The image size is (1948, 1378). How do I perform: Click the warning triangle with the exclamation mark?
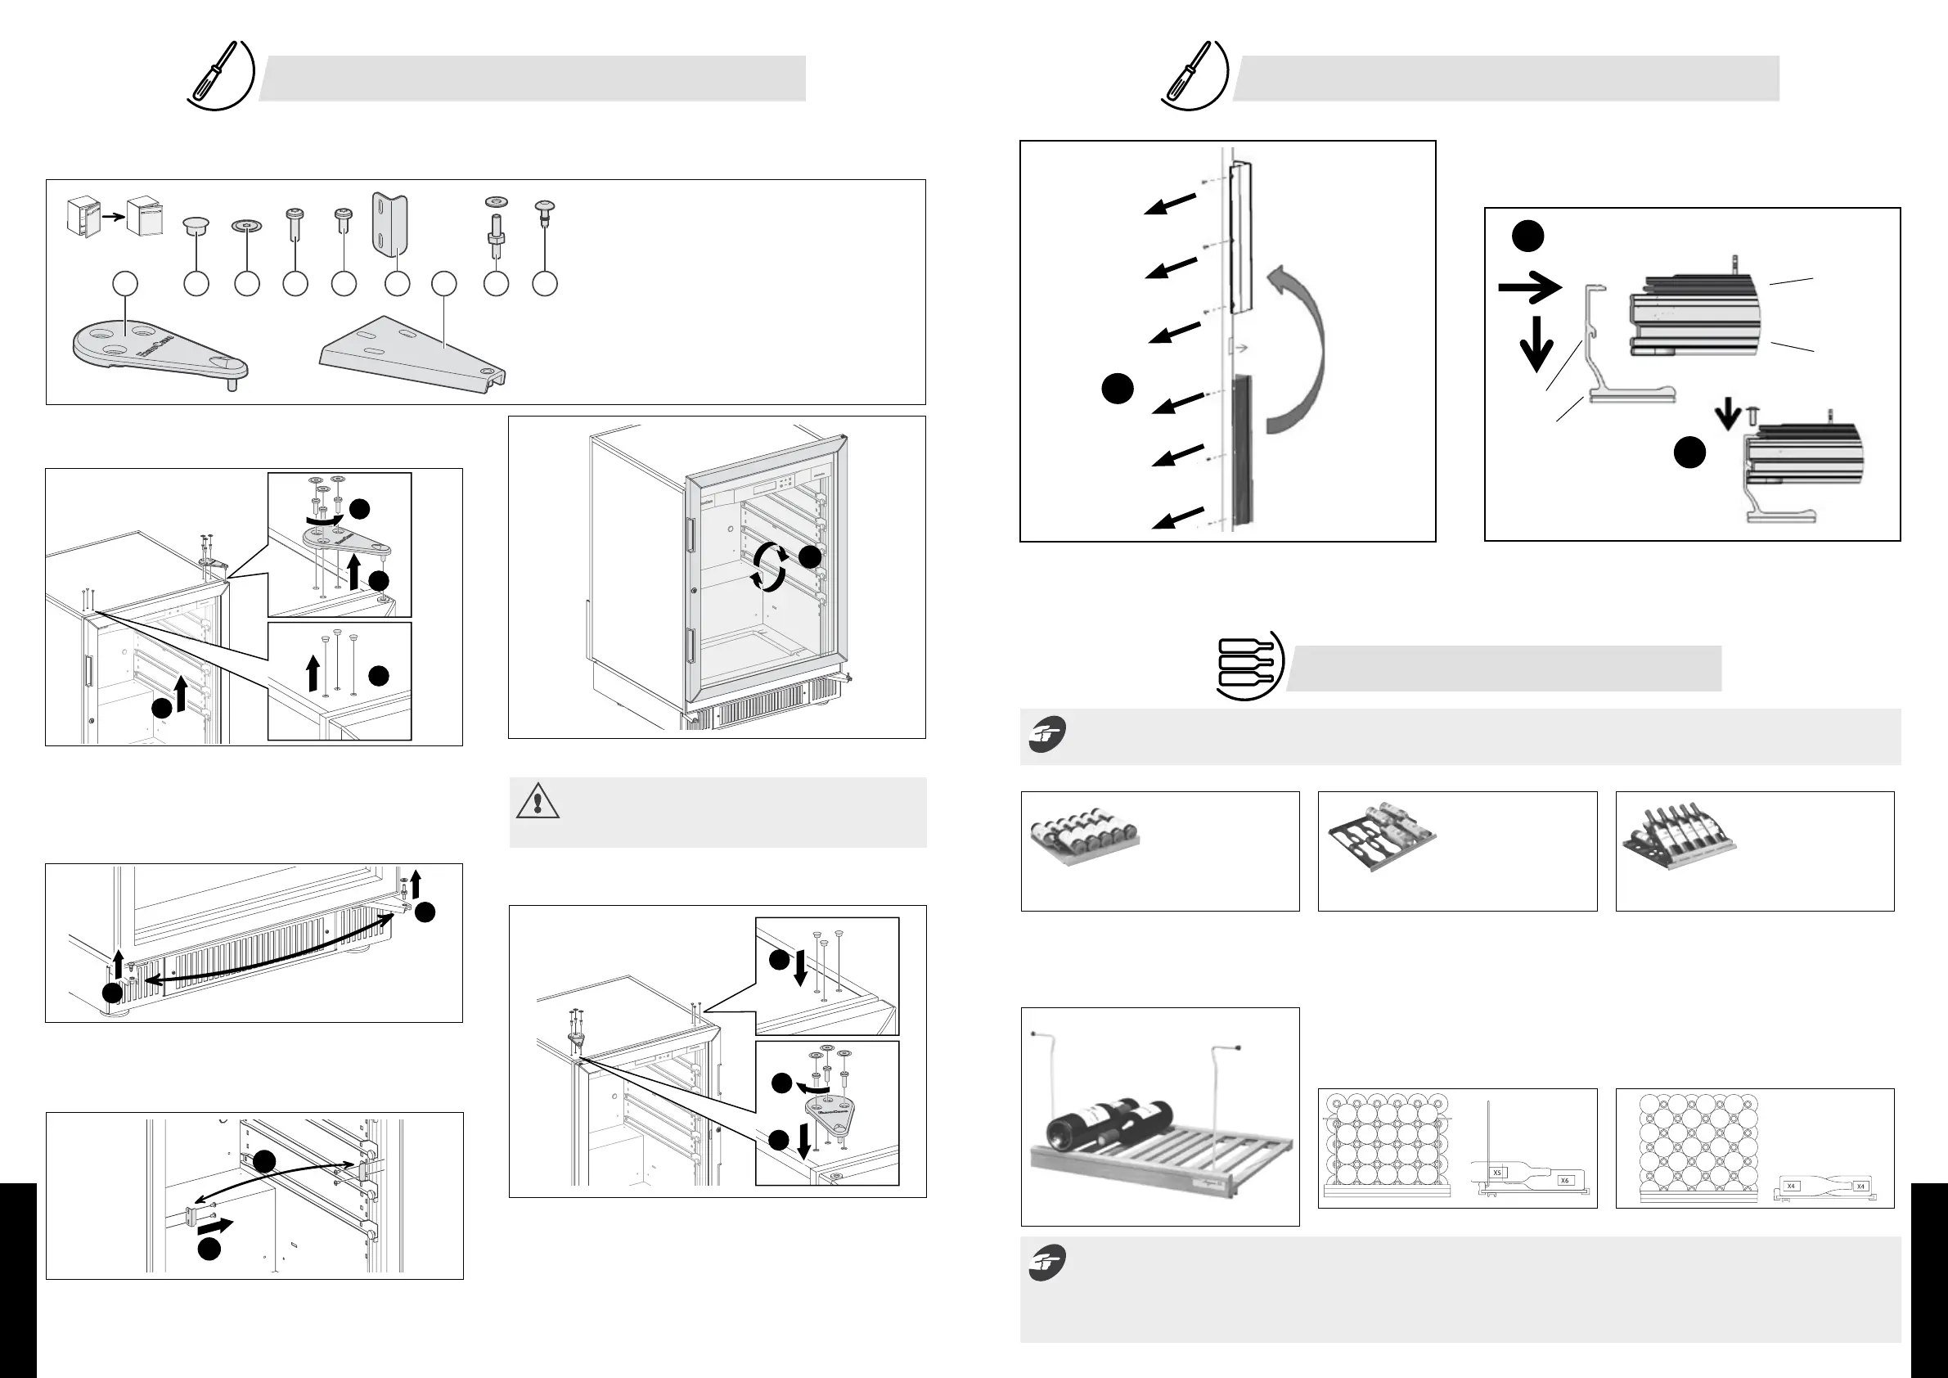pos(537,802)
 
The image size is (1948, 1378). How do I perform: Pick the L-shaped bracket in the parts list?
pos(391,225)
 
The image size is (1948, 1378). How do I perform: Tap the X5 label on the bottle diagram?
pos(1497,1173)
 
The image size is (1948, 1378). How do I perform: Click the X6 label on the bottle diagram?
pos(1564,1180)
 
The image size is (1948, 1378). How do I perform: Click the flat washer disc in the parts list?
pos(246,227)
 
